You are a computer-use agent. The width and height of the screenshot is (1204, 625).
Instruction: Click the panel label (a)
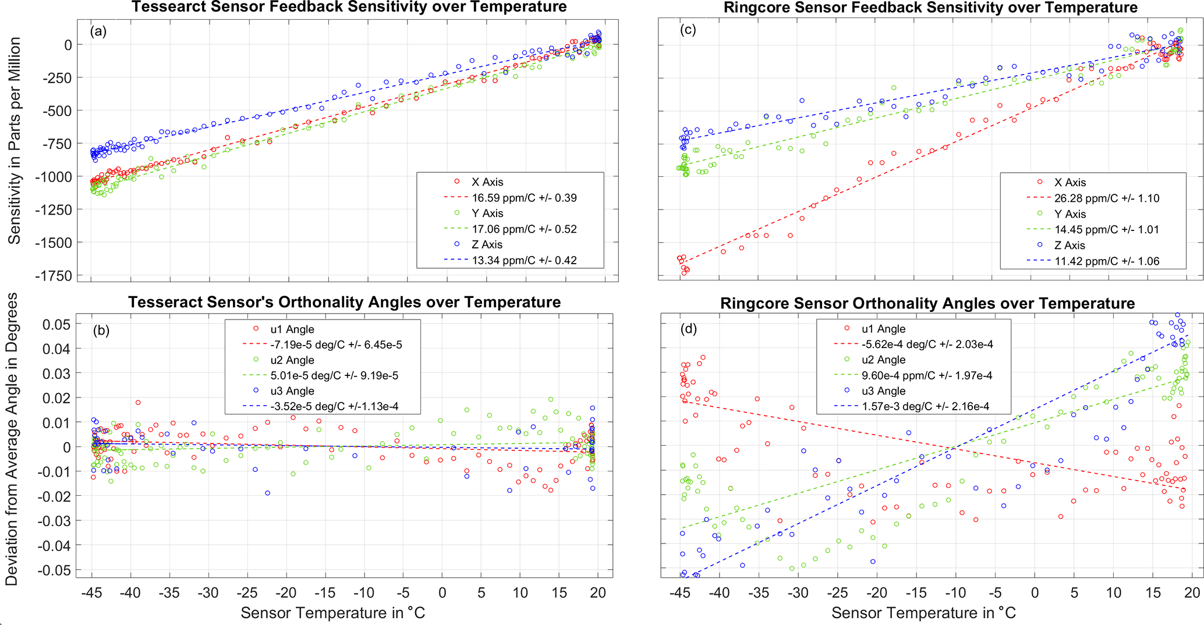click(98, 31)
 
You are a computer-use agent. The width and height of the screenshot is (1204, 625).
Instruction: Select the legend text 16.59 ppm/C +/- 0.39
click(524, 198)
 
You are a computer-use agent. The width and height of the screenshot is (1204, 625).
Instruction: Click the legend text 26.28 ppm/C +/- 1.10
click(1107, 198)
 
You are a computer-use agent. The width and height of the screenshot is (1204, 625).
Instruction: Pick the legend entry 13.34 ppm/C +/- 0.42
click(524, 260)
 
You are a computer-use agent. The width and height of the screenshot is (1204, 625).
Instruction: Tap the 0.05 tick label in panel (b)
click(56, 324)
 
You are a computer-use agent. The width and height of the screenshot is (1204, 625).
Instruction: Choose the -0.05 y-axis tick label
click(54, 570)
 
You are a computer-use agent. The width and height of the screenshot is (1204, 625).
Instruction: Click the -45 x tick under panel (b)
click(91, 593)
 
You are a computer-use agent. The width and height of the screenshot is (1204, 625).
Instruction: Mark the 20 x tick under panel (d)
click(1192, 593)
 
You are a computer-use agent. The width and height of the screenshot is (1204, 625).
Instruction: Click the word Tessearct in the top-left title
click(164, 7)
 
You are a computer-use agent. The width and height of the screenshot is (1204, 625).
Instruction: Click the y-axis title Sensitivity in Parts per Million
click(14, 141)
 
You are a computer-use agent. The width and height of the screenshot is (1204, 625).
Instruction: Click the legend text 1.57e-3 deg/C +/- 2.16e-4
click(926, 407)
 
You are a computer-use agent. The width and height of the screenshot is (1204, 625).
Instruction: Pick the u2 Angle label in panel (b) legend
click(292, 360)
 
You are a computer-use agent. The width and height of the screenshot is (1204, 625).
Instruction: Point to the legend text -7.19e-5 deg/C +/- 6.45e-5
click(336, 345)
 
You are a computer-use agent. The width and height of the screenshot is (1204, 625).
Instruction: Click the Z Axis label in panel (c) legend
click(1070, 246)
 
